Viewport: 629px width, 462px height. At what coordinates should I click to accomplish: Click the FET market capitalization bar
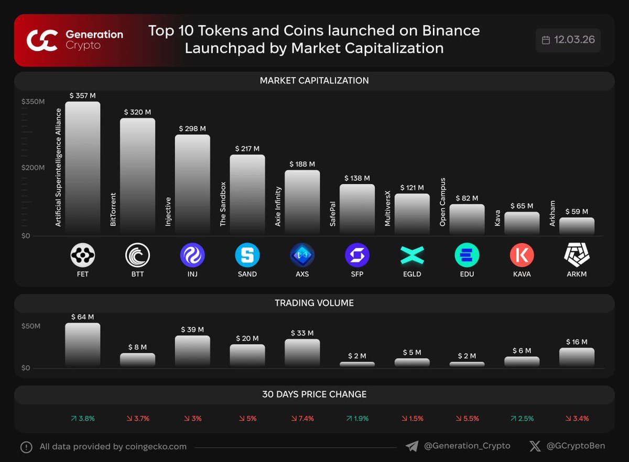tap(82, 168)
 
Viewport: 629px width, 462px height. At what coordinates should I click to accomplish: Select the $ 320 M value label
tap(137, 112)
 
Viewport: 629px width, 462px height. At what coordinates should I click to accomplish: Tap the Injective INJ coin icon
tap(192, 256)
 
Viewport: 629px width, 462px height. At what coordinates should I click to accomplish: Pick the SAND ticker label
tap(247, 274)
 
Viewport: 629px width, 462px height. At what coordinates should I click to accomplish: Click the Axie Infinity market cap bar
tap(302, 202)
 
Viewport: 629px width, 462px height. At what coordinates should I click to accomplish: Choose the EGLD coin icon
tap(412, 256)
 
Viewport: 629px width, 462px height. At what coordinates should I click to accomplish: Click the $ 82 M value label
tap(467, 198)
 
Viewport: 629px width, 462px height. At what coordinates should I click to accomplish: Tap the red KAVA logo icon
tap(522, 256)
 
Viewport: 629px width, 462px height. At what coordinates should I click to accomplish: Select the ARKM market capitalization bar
tap(577, 226)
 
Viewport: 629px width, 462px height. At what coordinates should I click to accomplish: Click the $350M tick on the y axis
tap(33, 102)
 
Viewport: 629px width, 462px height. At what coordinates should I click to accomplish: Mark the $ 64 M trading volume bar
tap(82, 344)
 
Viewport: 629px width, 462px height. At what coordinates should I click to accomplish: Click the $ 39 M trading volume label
tap(192, 329)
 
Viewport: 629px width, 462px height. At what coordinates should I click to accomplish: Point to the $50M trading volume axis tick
tap(31, 326)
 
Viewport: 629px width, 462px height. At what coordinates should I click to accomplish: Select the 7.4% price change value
tap(302, 419)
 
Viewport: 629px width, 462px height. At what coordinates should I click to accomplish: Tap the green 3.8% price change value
tap(82, 419)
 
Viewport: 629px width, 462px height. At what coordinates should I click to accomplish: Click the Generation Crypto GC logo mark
tap(42, 40)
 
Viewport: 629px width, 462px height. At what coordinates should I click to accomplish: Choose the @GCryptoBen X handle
tap(576, 446)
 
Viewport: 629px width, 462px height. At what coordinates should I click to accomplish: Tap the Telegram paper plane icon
tap(412, 446)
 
